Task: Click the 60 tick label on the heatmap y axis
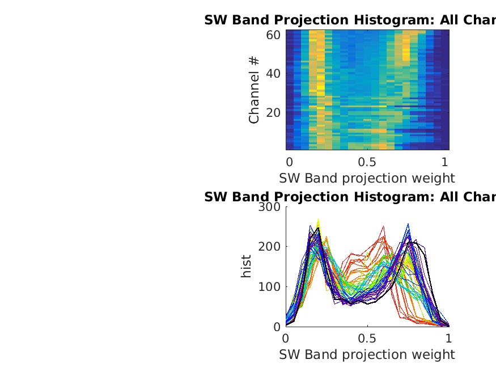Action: [273, 35]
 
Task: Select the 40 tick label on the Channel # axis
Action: [273, 74]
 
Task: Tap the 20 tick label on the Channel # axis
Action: [273, 112]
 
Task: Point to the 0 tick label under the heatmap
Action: [289, 162]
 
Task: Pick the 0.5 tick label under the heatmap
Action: [367, 162]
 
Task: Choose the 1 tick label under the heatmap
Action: [445, 162]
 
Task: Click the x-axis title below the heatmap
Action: [367, 178]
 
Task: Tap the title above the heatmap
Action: [350, 20]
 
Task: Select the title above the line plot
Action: [350, 197]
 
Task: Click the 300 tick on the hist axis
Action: [269, 207]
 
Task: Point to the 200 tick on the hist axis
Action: [269, 247]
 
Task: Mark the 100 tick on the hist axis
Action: [269, 286]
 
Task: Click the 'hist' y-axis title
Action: [246, 267]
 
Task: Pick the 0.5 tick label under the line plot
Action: [367, 339]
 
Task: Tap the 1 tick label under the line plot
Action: [449, 339]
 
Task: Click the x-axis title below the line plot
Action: [367, 354]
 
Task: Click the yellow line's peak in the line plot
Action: [319, 219]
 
